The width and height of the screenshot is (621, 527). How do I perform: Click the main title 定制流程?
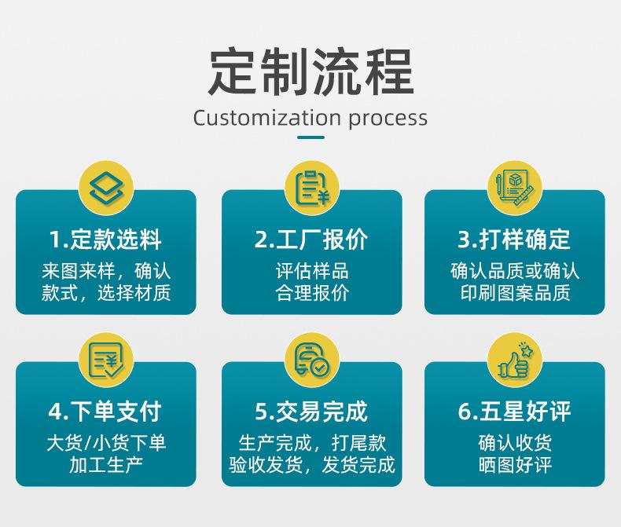tap(310, 71)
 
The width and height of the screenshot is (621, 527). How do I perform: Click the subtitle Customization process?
tap(310, 118)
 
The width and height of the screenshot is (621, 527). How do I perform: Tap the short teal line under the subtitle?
tap(310, 137)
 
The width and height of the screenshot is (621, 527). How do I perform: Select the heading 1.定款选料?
tap(106, 240)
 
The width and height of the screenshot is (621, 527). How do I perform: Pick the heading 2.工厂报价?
tap(311, 240)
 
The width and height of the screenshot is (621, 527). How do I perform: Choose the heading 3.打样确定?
tap(514, 240)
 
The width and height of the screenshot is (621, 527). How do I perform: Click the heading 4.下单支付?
tap(106, 411)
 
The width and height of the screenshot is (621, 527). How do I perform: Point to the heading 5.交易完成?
tap(311, 411)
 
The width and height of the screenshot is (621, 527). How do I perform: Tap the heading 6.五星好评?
tap(514, 411)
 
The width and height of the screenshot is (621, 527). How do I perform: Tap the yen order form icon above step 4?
tap(106, 360)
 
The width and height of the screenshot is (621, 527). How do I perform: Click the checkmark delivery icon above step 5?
tap(311, 360)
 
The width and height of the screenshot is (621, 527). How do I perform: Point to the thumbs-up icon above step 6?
tap(515, 360)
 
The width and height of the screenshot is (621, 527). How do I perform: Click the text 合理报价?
tap(311, 294)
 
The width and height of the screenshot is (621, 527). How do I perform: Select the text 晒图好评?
tap(514, 465)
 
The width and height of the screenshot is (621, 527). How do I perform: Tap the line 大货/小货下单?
tap(106, 443)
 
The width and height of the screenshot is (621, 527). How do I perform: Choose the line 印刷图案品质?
tap(514, 294)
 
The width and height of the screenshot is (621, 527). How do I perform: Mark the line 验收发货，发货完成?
tap(311, 465)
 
